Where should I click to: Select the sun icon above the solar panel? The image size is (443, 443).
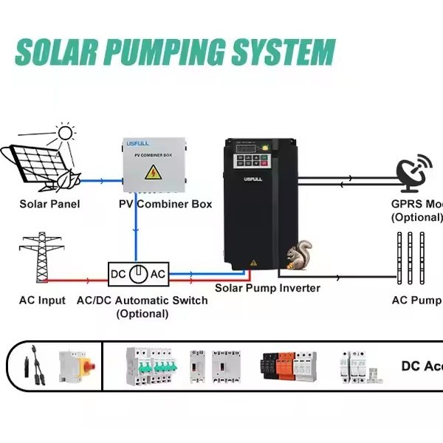(x=66, y=133)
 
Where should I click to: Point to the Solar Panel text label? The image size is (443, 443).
(x=49, y=204)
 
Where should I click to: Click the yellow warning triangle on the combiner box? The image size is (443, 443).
(x=152, y=174)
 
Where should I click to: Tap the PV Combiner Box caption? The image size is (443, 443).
(x=165, y=204)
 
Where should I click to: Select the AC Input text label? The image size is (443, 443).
(x=42, y=301)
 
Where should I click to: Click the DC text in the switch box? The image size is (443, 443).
(x=119, y=274)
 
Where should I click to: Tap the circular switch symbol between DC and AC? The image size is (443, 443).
(x=138, y=274)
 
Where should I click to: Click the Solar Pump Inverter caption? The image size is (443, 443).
(x=267, y=288)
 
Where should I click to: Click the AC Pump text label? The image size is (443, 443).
(x=416, y=301)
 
